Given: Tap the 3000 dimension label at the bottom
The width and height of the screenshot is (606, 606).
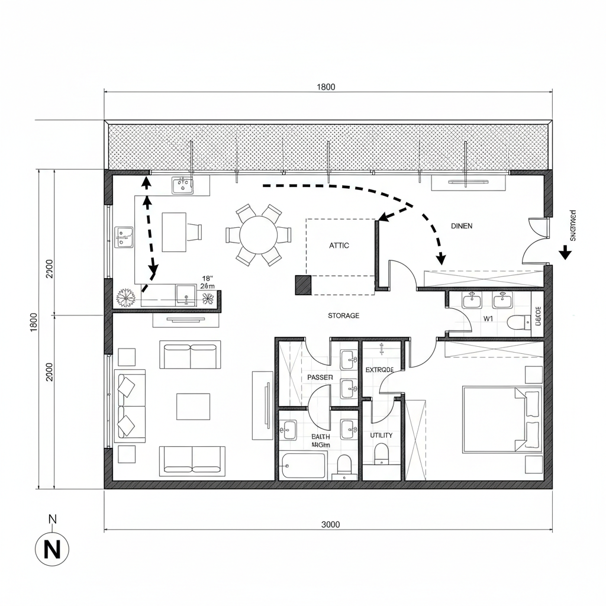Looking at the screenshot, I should tap(330, 524).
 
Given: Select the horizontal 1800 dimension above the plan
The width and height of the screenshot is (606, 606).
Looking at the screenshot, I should tap(325, 87).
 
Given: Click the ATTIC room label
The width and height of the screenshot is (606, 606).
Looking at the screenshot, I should tap(339, 245).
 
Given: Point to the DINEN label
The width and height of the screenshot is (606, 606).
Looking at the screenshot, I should tap(462, 225).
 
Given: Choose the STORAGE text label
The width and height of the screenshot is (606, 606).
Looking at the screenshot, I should tap(343, 315).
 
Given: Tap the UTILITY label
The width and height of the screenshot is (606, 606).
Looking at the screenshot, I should tap(381, 435).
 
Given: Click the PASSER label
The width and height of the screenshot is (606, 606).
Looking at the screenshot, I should tap(320, 377).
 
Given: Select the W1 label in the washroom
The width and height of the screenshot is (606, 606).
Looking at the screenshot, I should tap(488, 318).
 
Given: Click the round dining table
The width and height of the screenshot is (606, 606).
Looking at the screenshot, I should tap(258, 234).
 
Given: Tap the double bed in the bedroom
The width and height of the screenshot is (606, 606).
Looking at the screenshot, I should tap(502, 419).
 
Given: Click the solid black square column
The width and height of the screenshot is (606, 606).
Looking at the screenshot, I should tap(303, 285).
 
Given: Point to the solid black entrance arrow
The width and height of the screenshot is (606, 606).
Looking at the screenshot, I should tap(565, 253).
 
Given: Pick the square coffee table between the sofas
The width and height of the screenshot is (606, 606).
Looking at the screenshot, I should tap(193, 407).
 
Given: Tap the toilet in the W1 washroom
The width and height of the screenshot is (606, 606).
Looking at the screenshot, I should tap(517, 323).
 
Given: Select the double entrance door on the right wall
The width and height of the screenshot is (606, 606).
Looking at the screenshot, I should tap(536, 239).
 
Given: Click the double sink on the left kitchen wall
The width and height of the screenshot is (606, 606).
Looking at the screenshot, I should tap(124, 237).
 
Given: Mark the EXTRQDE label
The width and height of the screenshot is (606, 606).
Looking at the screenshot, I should tap(379, 369).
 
